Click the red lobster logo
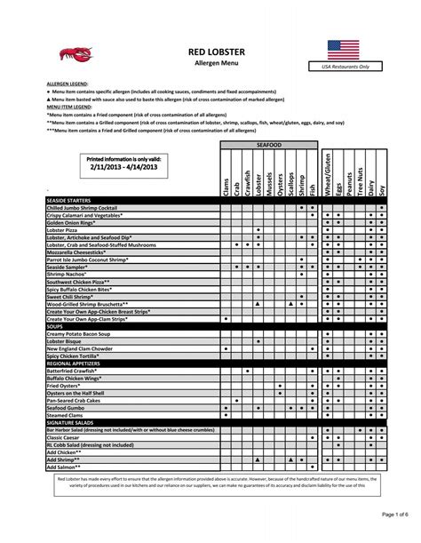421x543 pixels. tap(75, 55)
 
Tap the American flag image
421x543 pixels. tap(343, 49)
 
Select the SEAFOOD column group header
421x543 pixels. tap(268, 143)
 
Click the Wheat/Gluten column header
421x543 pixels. tap(327, 174)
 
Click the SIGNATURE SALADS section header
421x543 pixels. tap(72, 420)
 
